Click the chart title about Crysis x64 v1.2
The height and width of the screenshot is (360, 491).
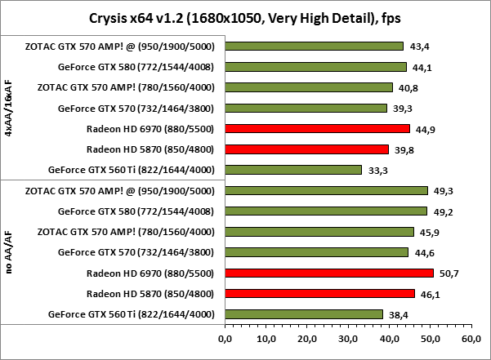[x=245, y=16]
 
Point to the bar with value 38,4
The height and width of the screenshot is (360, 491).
[x=303, y=313]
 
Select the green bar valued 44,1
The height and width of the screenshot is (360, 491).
[x=315, y=67]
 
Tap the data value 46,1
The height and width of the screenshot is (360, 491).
[x=431, y=293]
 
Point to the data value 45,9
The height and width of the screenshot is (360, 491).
[x=430, y=232]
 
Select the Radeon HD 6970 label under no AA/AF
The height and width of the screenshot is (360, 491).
[x=150, y=273]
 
